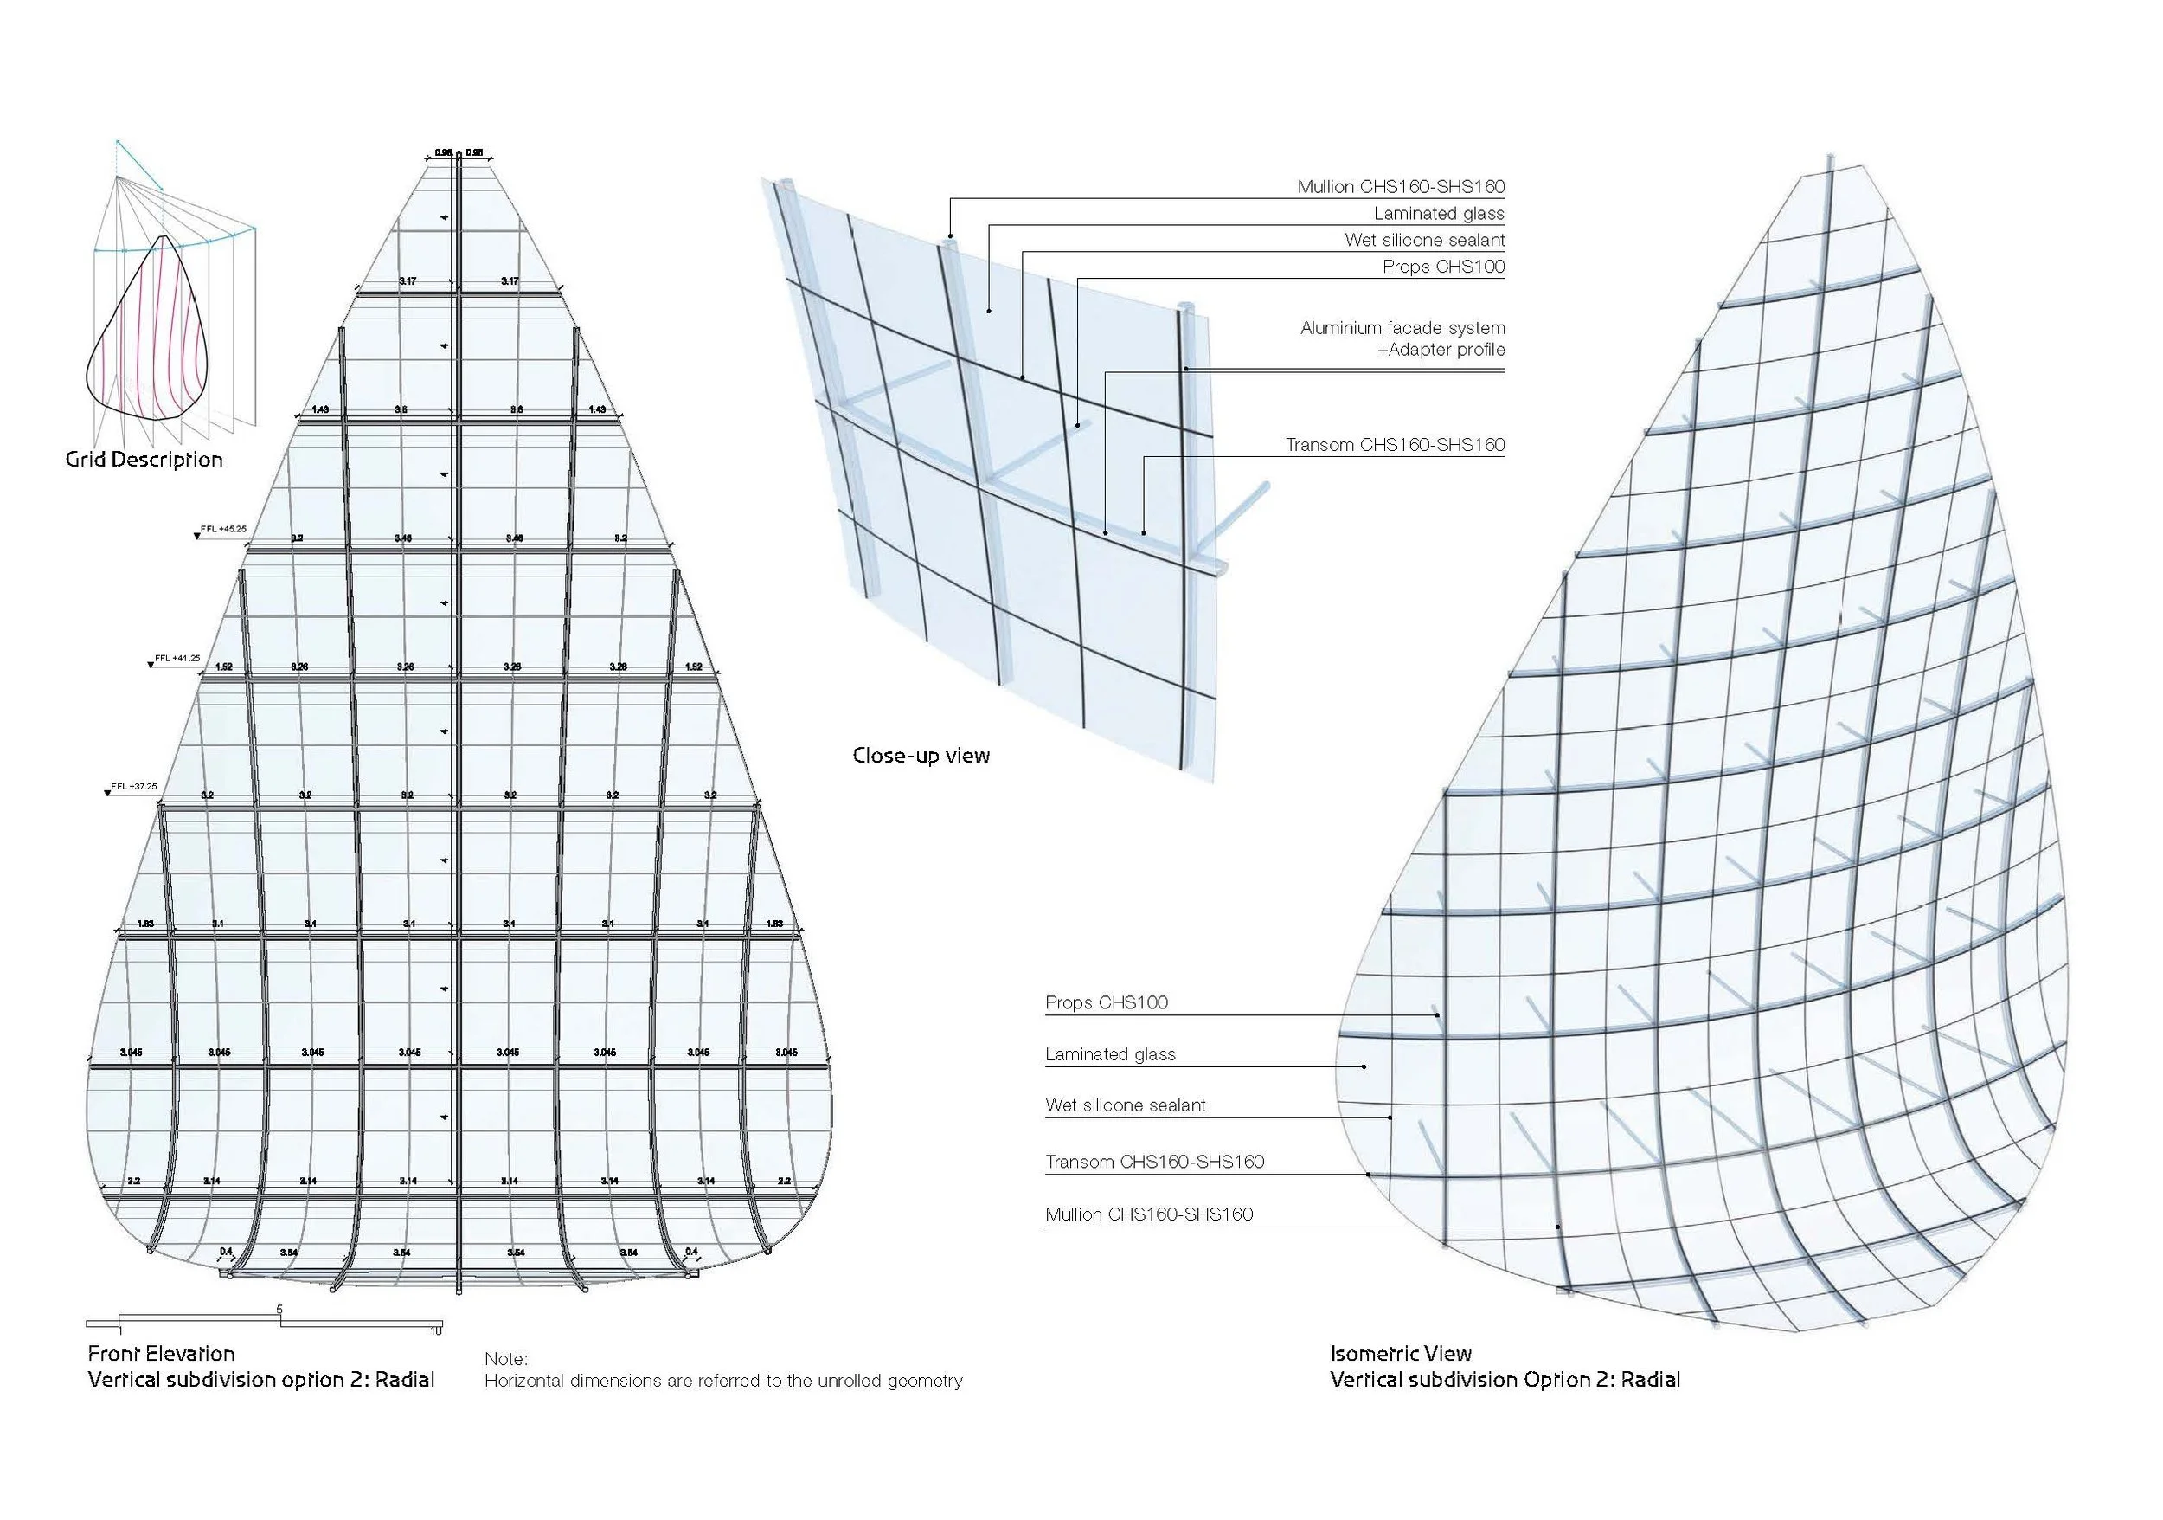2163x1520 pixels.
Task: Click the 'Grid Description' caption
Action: (144, 460)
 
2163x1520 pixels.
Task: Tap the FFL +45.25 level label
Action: (226, 530)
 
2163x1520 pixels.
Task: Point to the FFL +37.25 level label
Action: (134, 786)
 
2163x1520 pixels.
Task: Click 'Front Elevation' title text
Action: (161, 1354)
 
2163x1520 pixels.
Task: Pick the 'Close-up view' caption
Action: (921, 756)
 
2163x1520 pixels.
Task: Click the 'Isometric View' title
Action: (1400, 1354)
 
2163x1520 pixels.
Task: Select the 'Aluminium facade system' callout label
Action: (1402, 328)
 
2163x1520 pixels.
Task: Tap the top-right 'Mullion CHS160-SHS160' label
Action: (1400, 187)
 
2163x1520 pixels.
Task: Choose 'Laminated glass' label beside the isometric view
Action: (1110, 1054)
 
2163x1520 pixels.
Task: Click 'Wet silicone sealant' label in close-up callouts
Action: (1424, 241)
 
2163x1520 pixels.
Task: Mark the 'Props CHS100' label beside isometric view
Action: (1106, 1002)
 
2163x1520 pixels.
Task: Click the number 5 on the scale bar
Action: (279, 1309)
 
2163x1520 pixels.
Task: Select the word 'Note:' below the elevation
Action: (506, 1359)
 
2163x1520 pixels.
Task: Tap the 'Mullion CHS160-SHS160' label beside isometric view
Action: (1148, 1214)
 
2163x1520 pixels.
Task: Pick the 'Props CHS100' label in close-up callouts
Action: (1443, 267)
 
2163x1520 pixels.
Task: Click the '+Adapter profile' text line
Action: (1441, 350)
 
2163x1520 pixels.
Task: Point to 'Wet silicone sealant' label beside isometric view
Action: (1125, 1105)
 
